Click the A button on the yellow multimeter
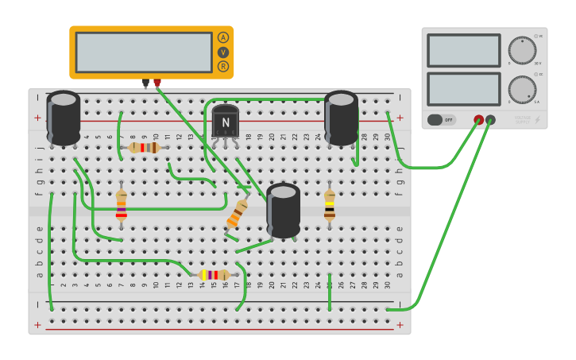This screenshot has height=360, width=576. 223,37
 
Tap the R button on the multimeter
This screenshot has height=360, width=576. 223,66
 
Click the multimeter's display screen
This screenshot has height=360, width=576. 144,52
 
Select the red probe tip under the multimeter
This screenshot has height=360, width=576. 157,83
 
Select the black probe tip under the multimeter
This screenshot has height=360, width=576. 145,83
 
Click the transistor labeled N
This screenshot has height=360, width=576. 226,122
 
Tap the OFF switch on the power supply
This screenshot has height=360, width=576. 441,120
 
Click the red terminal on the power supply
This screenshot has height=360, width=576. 478,120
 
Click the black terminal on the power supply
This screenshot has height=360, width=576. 490,120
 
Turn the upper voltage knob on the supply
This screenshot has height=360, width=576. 522,50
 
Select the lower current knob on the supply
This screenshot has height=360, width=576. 522,90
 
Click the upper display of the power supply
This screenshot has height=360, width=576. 463,50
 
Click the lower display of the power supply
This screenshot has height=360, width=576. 463,89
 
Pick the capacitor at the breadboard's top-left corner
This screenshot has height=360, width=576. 64,118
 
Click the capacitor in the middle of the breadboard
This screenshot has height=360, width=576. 284,210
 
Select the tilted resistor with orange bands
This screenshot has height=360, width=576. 237,213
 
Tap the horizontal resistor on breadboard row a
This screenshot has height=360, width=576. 213,275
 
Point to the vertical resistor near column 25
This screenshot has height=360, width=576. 330,205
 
